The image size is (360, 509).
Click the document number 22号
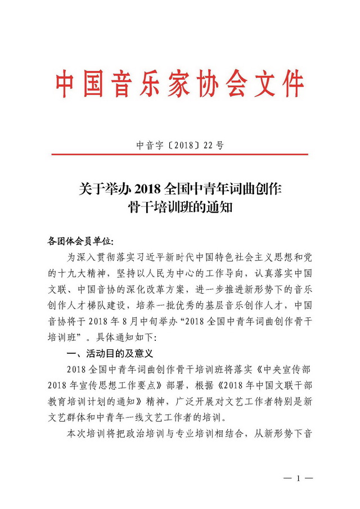tap(211, 145)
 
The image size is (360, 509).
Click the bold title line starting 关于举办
tap(180, 188)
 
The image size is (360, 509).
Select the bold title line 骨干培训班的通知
tap(180, 208)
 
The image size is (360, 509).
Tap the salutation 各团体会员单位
tap(80, 241)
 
